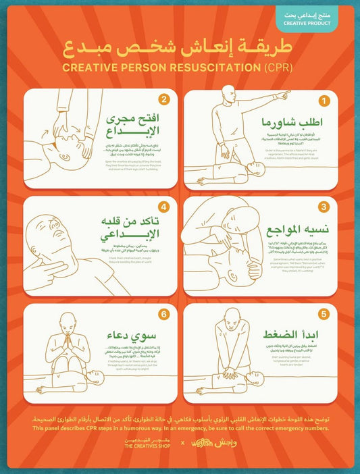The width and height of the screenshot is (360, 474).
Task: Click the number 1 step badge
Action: [324, 101]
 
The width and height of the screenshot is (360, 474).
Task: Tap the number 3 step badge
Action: [324, 207]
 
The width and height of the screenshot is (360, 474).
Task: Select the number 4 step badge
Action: [163, 207]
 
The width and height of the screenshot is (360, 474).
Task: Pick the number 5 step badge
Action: [324, 314]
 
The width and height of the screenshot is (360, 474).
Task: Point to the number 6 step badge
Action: [163, 314]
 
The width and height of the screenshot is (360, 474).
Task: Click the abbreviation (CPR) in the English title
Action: [278, 68]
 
